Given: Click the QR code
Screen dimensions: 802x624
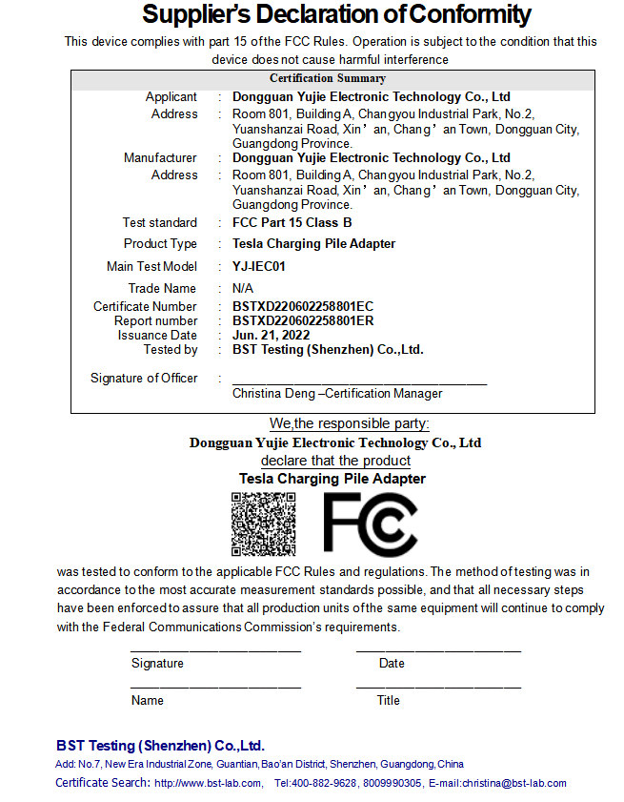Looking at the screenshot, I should [x=263, y=524].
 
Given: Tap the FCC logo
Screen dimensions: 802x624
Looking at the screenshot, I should [x=370, y=524].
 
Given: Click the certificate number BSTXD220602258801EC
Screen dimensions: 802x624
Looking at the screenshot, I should [x=303, y=306].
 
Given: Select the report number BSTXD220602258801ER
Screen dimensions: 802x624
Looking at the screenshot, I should [x=303, y=320].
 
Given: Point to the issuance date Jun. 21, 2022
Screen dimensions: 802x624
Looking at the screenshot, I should [x=271, y=335].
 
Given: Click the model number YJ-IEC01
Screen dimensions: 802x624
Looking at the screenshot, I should [x=259, y=267].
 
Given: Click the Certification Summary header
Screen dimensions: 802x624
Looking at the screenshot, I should [x=328, y=78].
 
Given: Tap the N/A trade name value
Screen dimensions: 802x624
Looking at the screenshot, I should [x=243, y=288].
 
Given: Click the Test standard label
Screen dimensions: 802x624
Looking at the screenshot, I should [x=160, y=223].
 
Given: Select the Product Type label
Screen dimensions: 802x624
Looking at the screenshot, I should [x=160, y=244].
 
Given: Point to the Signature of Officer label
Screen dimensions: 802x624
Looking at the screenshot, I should [x=144, y=378].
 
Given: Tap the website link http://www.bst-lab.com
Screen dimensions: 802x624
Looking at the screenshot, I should [x=208, y=783].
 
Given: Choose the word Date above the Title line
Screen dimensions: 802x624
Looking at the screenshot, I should [x=392, y=663].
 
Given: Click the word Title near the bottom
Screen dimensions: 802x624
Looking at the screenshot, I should [x=388, y=700].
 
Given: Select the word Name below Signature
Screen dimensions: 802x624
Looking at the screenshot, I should [x=148, y=700].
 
